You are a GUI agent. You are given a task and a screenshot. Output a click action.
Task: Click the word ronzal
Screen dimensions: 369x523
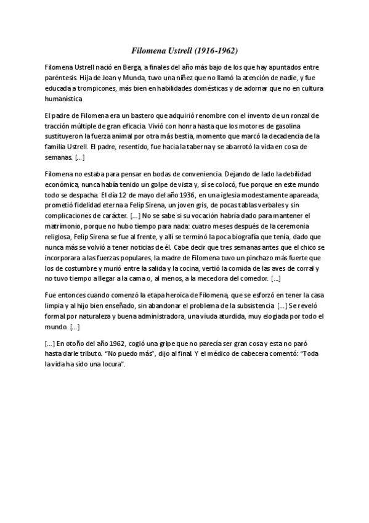305,115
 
